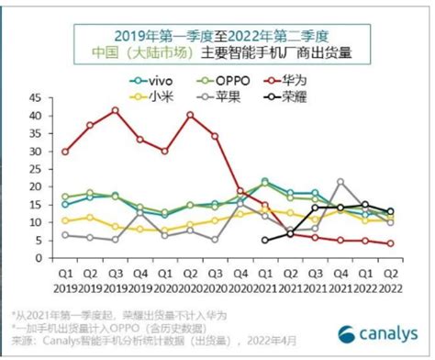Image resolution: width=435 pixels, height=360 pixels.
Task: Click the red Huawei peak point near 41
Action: click(x=115, y=110)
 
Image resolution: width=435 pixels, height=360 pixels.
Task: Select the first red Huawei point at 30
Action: click(x=64, y=152)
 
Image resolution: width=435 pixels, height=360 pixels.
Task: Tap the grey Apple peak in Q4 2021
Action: click(x=340, y=182)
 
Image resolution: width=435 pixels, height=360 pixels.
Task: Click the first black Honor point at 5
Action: click(x=265, y=241)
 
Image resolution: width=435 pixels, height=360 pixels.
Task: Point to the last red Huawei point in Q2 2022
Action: click(x=391, y=243)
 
